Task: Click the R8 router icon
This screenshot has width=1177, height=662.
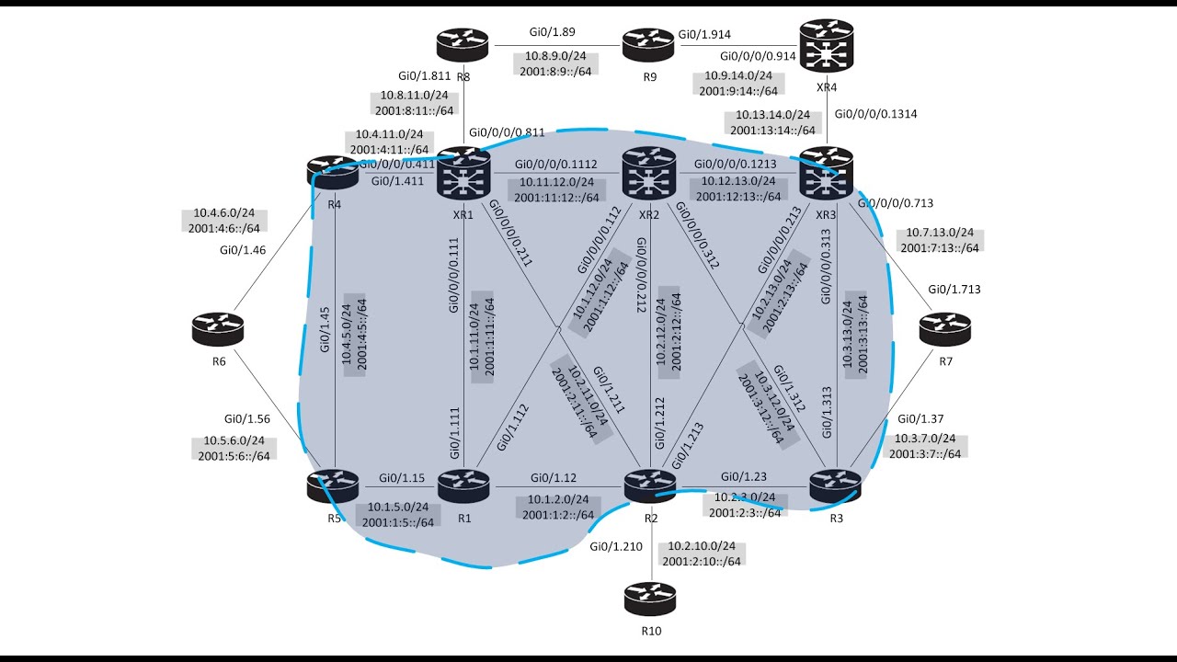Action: (x=463, y=43)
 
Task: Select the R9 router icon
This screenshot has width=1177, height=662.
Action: (x=647, y=43)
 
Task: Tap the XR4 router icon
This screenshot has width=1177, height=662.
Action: (x=826, y=46)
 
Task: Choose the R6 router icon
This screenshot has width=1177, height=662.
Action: (x=219, y=328)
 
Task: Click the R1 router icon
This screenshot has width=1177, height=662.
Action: (x=463, y=485)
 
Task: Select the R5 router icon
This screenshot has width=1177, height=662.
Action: (x=333, y=485)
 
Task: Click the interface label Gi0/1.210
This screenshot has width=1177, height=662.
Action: (x=616, y=546)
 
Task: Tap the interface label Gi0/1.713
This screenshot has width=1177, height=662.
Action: (x=954, y=289)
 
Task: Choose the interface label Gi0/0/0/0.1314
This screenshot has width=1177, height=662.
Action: (x=875, y=114)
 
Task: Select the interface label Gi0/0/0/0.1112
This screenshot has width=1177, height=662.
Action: (x=557, y=165)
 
